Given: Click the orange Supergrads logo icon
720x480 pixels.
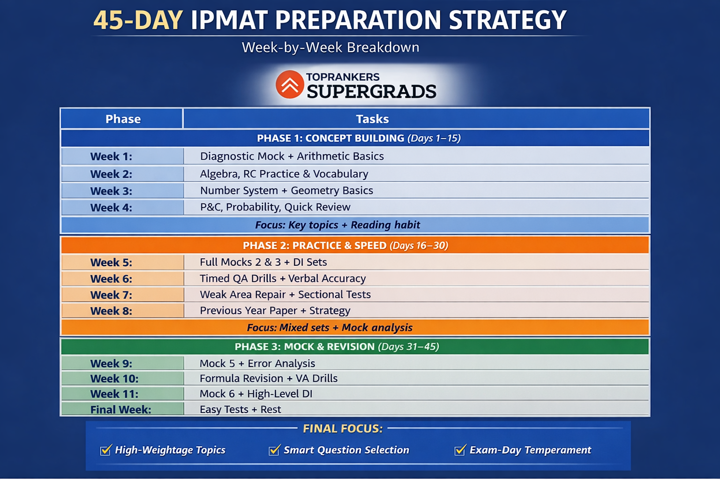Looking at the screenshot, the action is pos(290,84).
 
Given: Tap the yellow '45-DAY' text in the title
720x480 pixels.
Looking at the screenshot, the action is pos(138,20).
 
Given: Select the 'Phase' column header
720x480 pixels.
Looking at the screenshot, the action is pos(123,119).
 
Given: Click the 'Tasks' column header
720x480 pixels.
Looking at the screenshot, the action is pos(372,119).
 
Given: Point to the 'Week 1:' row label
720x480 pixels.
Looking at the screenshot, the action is pos(111,157).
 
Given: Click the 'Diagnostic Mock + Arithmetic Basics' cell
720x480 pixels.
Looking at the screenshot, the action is pos(292,156).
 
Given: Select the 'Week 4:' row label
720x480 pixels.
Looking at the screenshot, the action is pos(111,208).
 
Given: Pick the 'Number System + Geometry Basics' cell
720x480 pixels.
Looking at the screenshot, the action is pos(286,191).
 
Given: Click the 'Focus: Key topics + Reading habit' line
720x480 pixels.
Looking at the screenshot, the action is pos(337,225).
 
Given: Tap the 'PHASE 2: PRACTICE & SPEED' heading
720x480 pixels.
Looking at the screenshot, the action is pos(315,246).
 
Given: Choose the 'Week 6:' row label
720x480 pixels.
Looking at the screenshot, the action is pos(111,279).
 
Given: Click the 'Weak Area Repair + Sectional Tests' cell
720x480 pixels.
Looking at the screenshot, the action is pos(285,294).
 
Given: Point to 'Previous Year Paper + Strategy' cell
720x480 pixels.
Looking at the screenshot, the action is pos(275,311).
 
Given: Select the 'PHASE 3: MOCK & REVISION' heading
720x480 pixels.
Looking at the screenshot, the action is pos(305,346).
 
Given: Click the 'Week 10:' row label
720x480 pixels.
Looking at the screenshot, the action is pos(114,379).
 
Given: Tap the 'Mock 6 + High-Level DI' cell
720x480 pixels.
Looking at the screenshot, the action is pos(256,394).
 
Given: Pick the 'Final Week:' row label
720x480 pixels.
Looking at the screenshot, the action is pos(120,410).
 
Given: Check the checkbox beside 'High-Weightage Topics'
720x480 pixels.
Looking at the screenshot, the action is pos(106,450).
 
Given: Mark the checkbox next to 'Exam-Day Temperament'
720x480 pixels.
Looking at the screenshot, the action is pos(460,450).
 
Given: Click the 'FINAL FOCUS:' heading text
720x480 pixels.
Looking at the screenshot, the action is pos(343,428).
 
